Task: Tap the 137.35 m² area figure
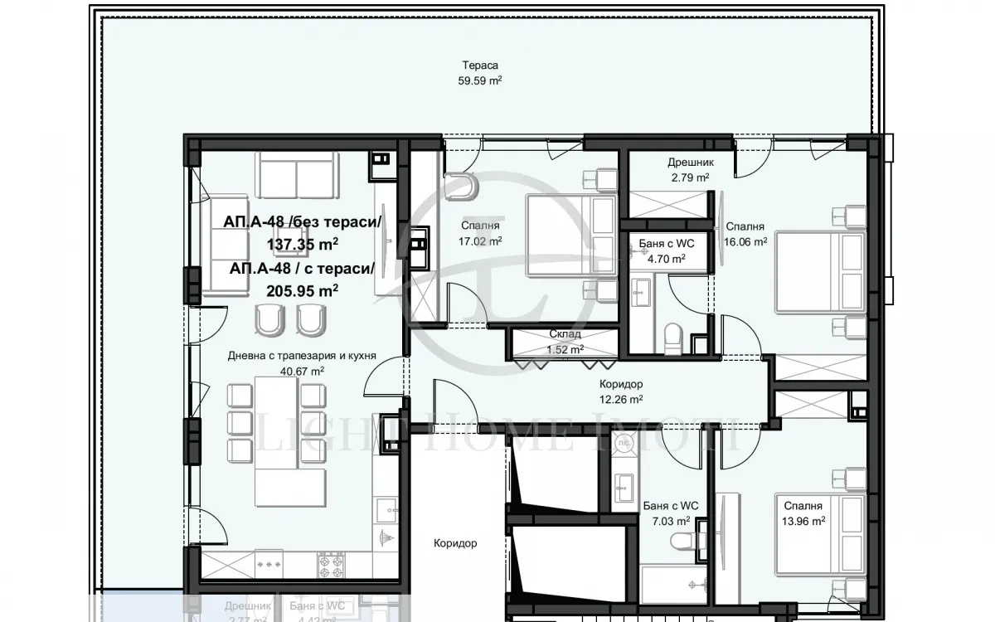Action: pos(303,244)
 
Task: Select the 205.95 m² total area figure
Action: pos(303,290)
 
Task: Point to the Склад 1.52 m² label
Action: pos(564,341)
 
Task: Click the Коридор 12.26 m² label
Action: pos(621,391)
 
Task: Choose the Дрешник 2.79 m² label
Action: pos(690,170)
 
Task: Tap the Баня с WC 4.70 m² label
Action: pos(667,250)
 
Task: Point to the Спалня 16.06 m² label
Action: pos(745,234)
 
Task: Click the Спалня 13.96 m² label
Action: pos(801,513)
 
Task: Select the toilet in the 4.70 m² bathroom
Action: pos(673,336)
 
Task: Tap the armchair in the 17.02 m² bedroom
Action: pos(459,186)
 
